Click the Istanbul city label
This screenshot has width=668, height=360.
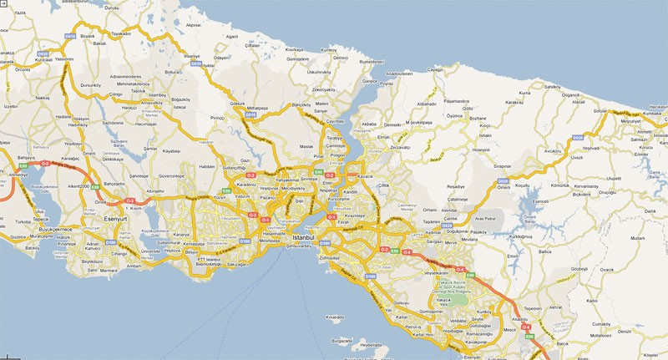[304, 239]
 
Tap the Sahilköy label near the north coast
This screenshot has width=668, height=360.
[551, 87]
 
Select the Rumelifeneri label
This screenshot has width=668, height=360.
[351, 62]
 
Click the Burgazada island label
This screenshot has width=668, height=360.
[341, 341]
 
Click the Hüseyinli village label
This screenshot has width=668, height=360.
[482, 150]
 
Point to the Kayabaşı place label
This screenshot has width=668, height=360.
[171, 151]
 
